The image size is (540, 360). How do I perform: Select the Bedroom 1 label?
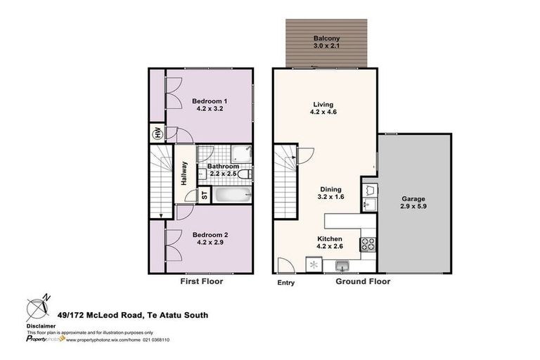coord(209,101)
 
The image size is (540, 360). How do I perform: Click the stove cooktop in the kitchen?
coord(368,245)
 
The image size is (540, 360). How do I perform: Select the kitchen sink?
coord(342,265)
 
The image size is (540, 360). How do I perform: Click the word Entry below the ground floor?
coord(285,283)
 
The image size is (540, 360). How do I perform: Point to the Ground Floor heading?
coord(363,281)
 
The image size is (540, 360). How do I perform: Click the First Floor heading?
coord(202,281)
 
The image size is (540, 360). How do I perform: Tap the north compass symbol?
coord(37,309)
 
